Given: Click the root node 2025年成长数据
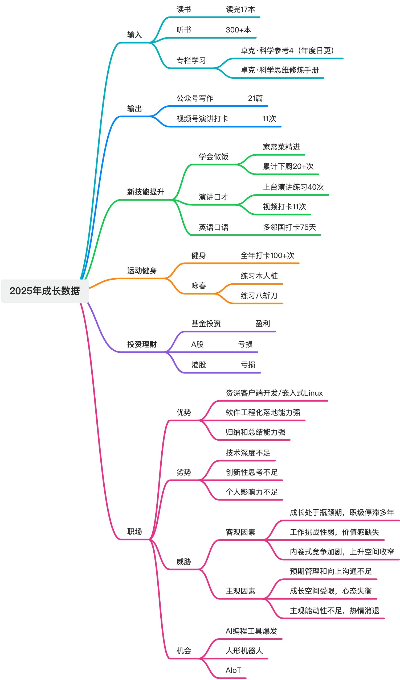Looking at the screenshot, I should pyautogui.click(x=45, y=291).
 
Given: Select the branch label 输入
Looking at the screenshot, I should pyautogui.click(x=134, y=35).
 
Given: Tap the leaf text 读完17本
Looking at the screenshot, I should pyautogui.click(x=240, y=10).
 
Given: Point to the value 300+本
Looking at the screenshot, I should pyautogui.click(x=238, y=30).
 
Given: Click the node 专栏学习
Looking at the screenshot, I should pyautogui.click(x=191, y=60).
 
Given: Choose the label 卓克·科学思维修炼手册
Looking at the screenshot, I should pyautogui.click(x=280, y=70).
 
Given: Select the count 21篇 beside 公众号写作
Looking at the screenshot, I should pyautogui.click(x=255, y=98).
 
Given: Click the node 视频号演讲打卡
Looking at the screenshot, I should pyautogui.click(x=202, y=119).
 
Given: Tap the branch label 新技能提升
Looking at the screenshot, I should pyautogui.click(x=146, y=192).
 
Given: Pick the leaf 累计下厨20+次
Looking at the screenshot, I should pyautogui.click(x=288, y=167).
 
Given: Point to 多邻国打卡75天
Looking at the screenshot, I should pyautogui.click(x=289, y=227).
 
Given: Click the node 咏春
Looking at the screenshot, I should pyautogui.click(x=198, y=286).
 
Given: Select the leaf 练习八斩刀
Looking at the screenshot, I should pyautogui.click(x=259, y=296).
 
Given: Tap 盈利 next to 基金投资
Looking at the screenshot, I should pyautogui.click(x=263, y=324).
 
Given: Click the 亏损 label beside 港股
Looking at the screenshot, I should pyautogui.click(x=248, y=365).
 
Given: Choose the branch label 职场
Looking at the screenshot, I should pyautogui.click(x=134, y=532).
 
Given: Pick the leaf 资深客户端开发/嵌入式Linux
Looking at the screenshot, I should pyautogui.click(x=274, y=393).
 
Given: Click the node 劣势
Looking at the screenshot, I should pyautogui.click(x=184, y=472).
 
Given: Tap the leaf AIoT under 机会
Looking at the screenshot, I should pyautogui.click(x=233, y=670).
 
